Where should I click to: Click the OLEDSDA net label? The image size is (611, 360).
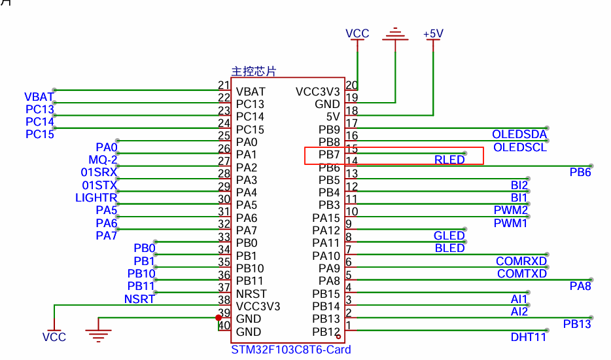click(x=519, y=134)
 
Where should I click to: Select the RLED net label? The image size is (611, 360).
click(x=449, y=160)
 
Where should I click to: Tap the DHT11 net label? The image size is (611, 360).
click(x=529, y=337)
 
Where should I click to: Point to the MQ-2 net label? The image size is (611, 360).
click(x=103, y=160)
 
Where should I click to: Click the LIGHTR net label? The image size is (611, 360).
click(x=96, y=198)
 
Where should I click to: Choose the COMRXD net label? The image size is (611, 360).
click(x=521, y=261)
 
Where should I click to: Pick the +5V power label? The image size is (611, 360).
click(x=433, y=34)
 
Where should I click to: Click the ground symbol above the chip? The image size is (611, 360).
click(x=396, y=34)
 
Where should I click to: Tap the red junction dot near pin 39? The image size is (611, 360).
click(x=218, y=318)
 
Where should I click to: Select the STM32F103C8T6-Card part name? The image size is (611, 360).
click(x=291, y=350)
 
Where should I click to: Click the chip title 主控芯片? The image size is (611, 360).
click(x=254, y=71)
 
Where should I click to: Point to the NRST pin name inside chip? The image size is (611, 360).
click(x=251, y=294)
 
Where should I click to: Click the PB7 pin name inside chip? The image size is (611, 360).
click(x=329, y=154)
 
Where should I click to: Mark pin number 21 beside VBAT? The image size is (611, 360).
click(x=224, y=85)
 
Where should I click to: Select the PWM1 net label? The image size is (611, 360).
click(x=510, y=223)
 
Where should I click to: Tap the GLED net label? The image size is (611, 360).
click(x=449, y=236)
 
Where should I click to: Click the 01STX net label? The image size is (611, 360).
click(x=99, y=185)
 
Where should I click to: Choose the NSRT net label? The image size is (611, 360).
click(x=139, y=299)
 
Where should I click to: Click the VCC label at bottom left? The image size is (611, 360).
click(x=54, y=337)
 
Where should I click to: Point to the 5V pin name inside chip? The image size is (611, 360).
click(x=333, y=117)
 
